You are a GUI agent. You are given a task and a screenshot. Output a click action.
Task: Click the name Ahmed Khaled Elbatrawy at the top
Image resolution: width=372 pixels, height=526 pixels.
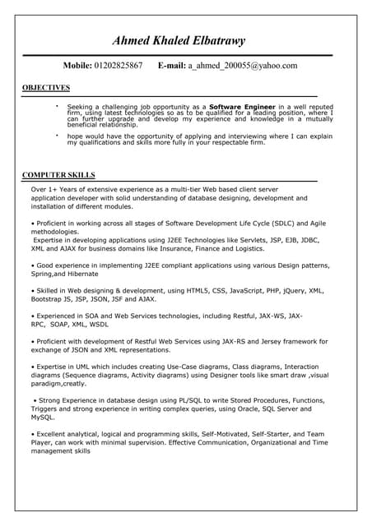pyautogui.click(x=179, y=40)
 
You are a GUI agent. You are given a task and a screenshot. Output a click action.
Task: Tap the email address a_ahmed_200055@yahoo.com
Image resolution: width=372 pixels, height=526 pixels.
pyautogui.click(x=242, y=65)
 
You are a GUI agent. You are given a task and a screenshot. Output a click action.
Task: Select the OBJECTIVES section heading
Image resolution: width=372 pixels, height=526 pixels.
pyautogui.click(x=45, y=87)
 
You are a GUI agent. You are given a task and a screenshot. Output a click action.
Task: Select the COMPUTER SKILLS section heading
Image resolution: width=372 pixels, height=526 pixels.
pyautogui.click(x=58, y=175)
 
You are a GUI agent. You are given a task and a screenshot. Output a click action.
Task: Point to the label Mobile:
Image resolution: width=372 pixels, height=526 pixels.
pyautogui.click(x=77, y=65)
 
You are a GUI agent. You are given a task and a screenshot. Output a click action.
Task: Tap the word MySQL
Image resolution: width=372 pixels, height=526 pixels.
pyautogui.click(x=43, y=417)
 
